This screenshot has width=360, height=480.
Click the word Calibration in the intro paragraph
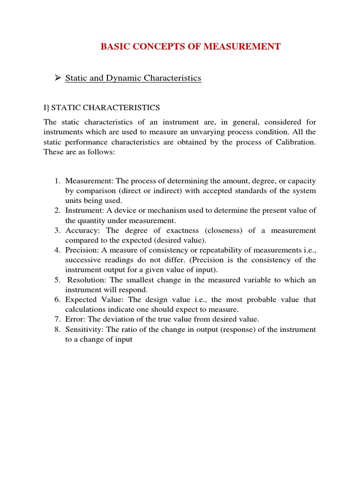click(294, 142)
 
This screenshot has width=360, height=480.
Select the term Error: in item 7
click(75, 319)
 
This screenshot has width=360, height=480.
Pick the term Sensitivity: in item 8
click(84, 330)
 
